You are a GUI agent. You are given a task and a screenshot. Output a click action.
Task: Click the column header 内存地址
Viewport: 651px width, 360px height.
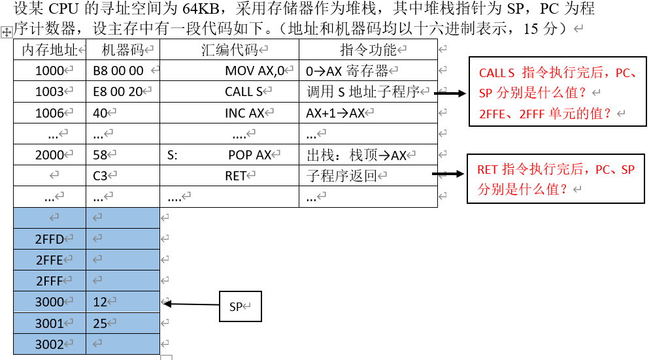[x=49, y=50]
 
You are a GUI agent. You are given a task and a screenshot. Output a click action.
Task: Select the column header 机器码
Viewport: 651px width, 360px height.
[x=122, y=50]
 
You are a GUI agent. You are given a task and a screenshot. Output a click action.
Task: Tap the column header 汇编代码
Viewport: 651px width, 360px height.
[x=229, y=50]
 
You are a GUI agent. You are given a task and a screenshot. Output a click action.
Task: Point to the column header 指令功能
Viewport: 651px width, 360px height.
[x=368, y=50]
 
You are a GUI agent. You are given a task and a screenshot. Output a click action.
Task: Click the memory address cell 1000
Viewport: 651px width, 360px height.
[x=49, y=71]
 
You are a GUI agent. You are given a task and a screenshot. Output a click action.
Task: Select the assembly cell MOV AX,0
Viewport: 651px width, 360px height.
[x=256, y=71]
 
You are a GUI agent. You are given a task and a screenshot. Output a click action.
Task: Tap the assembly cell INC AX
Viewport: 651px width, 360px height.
[x=244, y=113]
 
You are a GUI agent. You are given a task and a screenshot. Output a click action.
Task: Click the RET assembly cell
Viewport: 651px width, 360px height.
[x=235, y=176]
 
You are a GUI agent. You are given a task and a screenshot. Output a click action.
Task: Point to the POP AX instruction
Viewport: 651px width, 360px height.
[x=250, y=155]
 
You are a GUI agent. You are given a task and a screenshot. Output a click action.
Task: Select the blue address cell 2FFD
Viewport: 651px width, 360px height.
[x=49, y=239]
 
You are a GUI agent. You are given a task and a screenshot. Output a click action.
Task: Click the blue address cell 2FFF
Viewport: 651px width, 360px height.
[x=49, y=281]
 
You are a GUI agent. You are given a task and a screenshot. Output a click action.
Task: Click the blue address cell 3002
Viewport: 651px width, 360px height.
[x=49, y=344]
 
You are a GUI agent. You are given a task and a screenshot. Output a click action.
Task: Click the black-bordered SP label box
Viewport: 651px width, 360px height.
[x=240, y=306]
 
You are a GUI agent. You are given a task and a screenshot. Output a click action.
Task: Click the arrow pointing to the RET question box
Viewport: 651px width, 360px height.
[x=448, y=174]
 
